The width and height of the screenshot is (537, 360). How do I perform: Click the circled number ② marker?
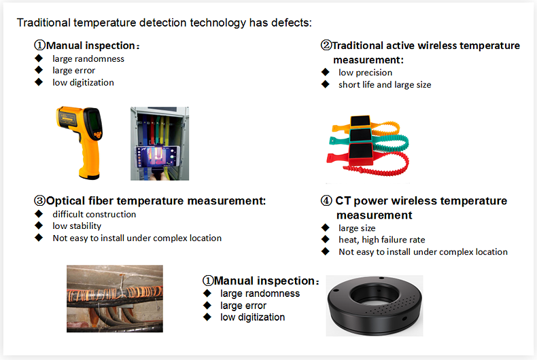point(326,46)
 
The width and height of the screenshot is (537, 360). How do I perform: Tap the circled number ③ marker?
point(39,201)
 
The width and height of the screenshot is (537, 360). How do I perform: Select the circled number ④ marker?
point(326,201)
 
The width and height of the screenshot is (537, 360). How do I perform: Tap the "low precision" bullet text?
point(365,73)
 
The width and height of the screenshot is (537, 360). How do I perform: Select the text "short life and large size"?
point(385,85)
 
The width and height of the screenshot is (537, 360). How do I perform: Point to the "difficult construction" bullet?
point(94,214)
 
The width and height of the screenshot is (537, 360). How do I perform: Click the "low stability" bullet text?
point(77,226)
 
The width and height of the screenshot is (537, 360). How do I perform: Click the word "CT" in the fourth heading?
point(343,201)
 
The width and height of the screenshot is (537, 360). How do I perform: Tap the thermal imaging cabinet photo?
point(159,143)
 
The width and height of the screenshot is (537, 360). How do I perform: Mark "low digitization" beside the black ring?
point(252,317)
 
